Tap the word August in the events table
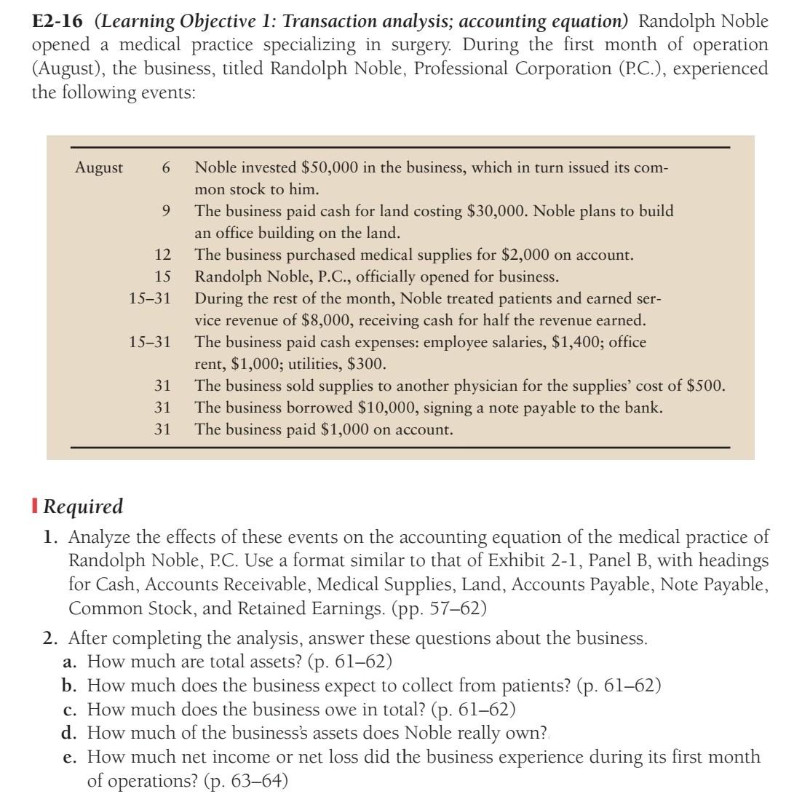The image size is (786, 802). point(99,168)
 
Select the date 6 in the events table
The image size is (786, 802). point(166,168)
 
